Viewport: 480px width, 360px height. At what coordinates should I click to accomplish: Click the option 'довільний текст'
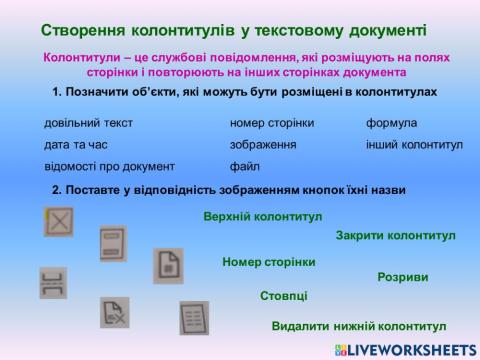[x=88, y=123]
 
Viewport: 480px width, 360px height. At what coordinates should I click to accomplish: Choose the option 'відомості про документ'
[x=109, y=167]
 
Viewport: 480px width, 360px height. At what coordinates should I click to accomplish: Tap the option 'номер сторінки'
[x=272, y=123]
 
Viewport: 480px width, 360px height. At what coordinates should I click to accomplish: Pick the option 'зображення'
[x=262, y=145]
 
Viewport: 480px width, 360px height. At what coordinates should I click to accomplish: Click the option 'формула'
[x=391, y=123]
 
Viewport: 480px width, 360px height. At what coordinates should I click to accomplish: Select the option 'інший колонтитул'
[x=414, y=145]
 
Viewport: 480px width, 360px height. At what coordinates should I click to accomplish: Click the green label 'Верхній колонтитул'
[x=262, y=216]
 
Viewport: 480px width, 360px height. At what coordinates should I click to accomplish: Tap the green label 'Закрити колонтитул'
[x=395, y=236]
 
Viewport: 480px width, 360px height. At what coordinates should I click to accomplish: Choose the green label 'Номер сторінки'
[x=268, y=262]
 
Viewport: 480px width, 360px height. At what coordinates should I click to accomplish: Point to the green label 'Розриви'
[x=403, y=277]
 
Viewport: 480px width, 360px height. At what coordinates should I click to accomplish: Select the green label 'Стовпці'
[x=284, y=296]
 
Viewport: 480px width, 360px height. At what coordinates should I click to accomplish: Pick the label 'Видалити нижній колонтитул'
[x=358, y=326]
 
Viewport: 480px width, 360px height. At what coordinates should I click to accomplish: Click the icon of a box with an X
[x=59, y=220]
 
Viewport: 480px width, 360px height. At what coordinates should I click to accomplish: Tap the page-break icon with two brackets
[x=53, y=283]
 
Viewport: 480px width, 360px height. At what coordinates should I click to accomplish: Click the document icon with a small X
[x=116, y=312]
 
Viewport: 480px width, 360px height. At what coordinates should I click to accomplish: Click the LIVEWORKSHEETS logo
[x=405, y=349]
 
